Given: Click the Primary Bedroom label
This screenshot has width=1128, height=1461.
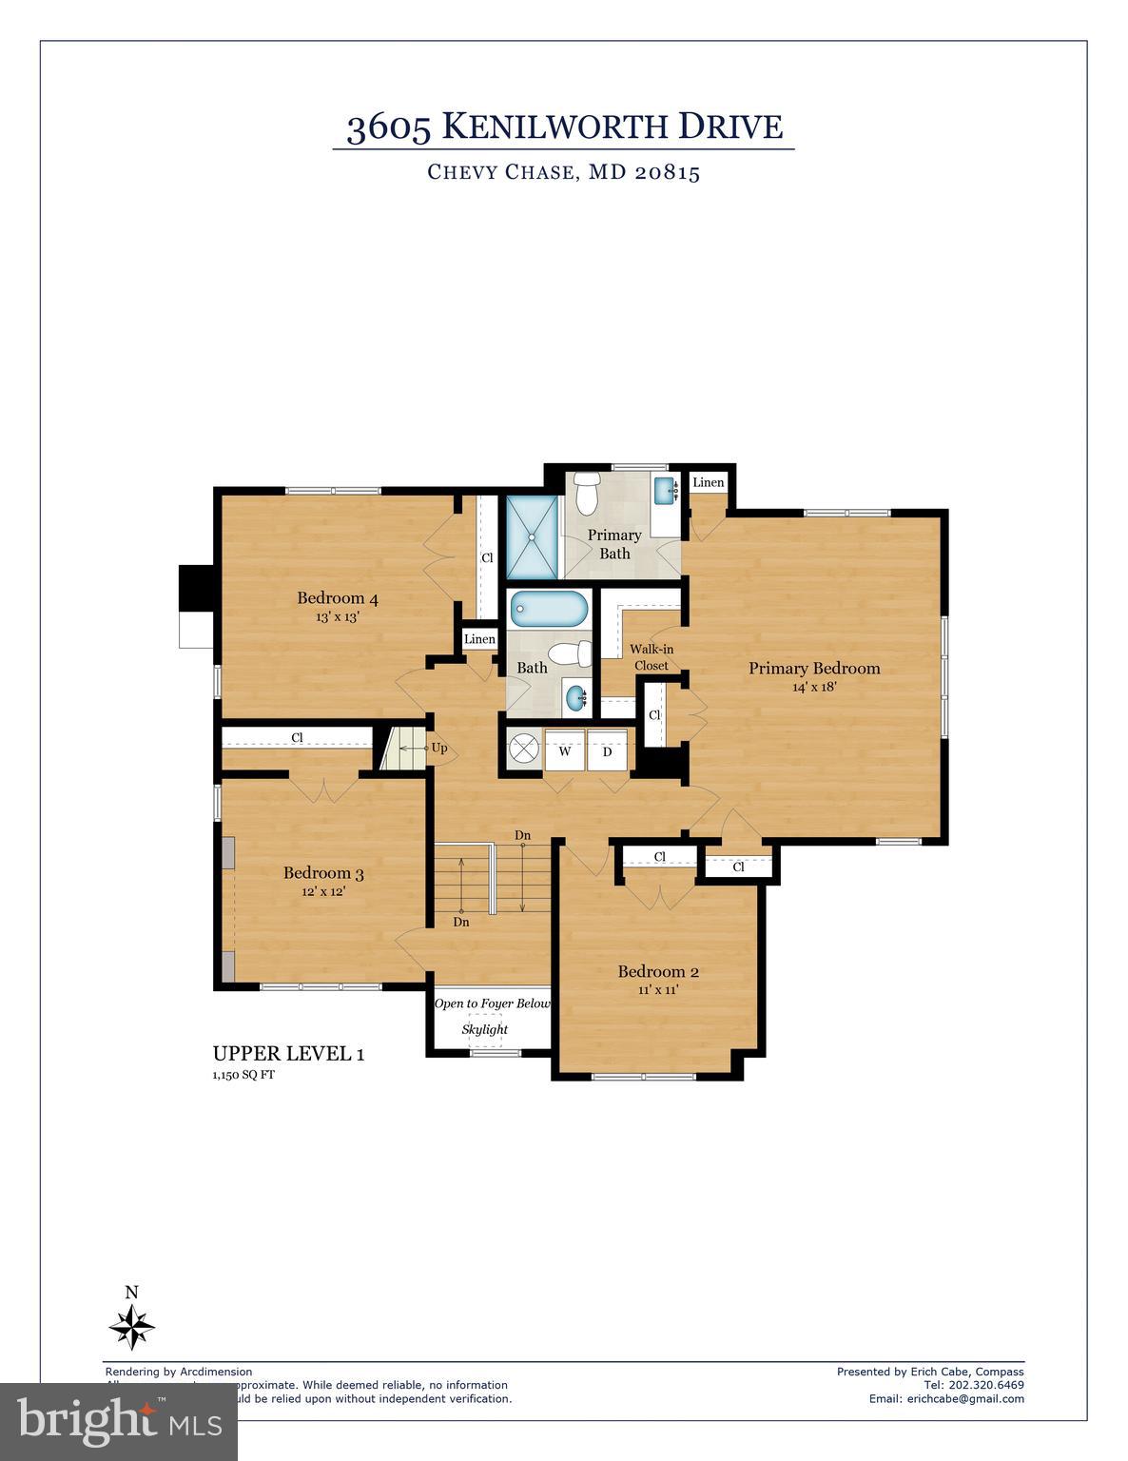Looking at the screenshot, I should pos(813,668).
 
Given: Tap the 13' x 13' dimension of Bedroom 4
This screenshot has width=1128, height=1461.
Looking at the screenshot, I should pos(337,616).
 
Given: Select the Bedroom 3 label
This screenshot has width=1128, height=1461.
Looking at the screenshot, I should pos(323,872).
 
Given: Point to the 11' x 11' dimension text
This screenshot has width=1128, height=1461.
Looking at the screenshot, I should pos(658,990).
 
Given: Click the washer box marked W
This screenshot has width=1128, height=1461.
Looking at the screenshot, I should pos(565,751).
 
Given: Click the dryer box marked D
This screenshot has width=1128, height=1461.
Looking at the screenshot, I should pos(607,751).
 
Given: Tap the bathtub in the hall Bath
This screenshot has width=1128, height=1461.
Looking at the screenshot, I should pos(549,609).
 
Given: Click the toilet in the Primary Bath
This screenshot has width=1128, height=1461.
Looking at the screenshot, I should pos(587,491).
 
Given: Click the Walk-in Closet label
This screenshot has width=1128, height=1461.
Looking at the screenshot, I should pos(652,657).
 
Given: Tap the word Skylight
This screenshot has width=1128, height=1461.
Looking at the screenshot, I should pos(485,1029).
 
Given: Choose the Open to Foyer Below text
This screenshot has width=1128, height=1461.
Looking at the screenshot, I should pos(492,1003).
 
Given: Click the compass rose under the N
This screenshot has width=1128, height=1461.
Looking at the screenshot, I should pos(132,1326).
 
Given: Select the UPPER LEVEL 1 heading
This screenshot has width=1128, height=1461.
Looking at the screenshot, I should pos(288,1053).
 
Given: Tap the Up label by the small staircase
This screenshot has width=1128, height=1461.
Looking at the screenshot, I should pos(439,748).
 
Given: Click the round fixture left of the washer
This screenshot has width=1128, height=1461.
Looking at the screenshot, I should pos(523,750).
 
